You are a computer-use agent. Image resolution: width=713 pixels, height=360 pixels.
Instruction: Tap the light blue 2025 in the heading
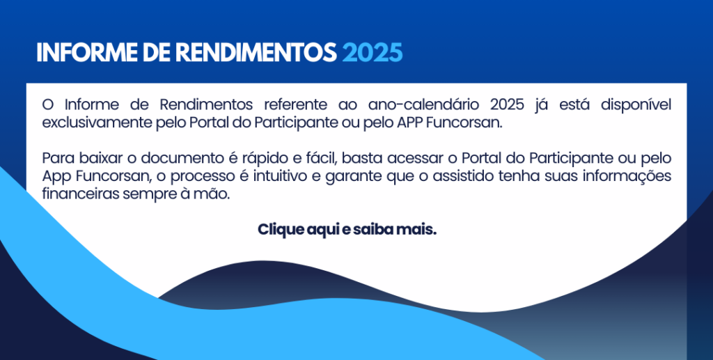[x=373, y=53]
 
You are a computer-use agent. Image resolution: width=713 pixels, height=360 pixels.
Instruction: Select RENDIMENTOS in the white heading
[x=256, y=53]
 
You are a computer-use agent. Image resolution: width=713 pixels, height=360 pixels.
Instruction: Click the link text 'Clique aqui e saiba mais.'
[x=347, y=230]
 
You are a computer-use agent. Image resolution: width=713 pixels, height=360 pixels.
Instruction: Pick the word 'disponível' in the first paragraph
[x=636, y=105]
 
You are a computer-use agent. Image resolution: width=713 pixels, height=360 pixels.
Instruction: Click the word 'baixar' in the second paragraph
[x=103, y=158]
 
